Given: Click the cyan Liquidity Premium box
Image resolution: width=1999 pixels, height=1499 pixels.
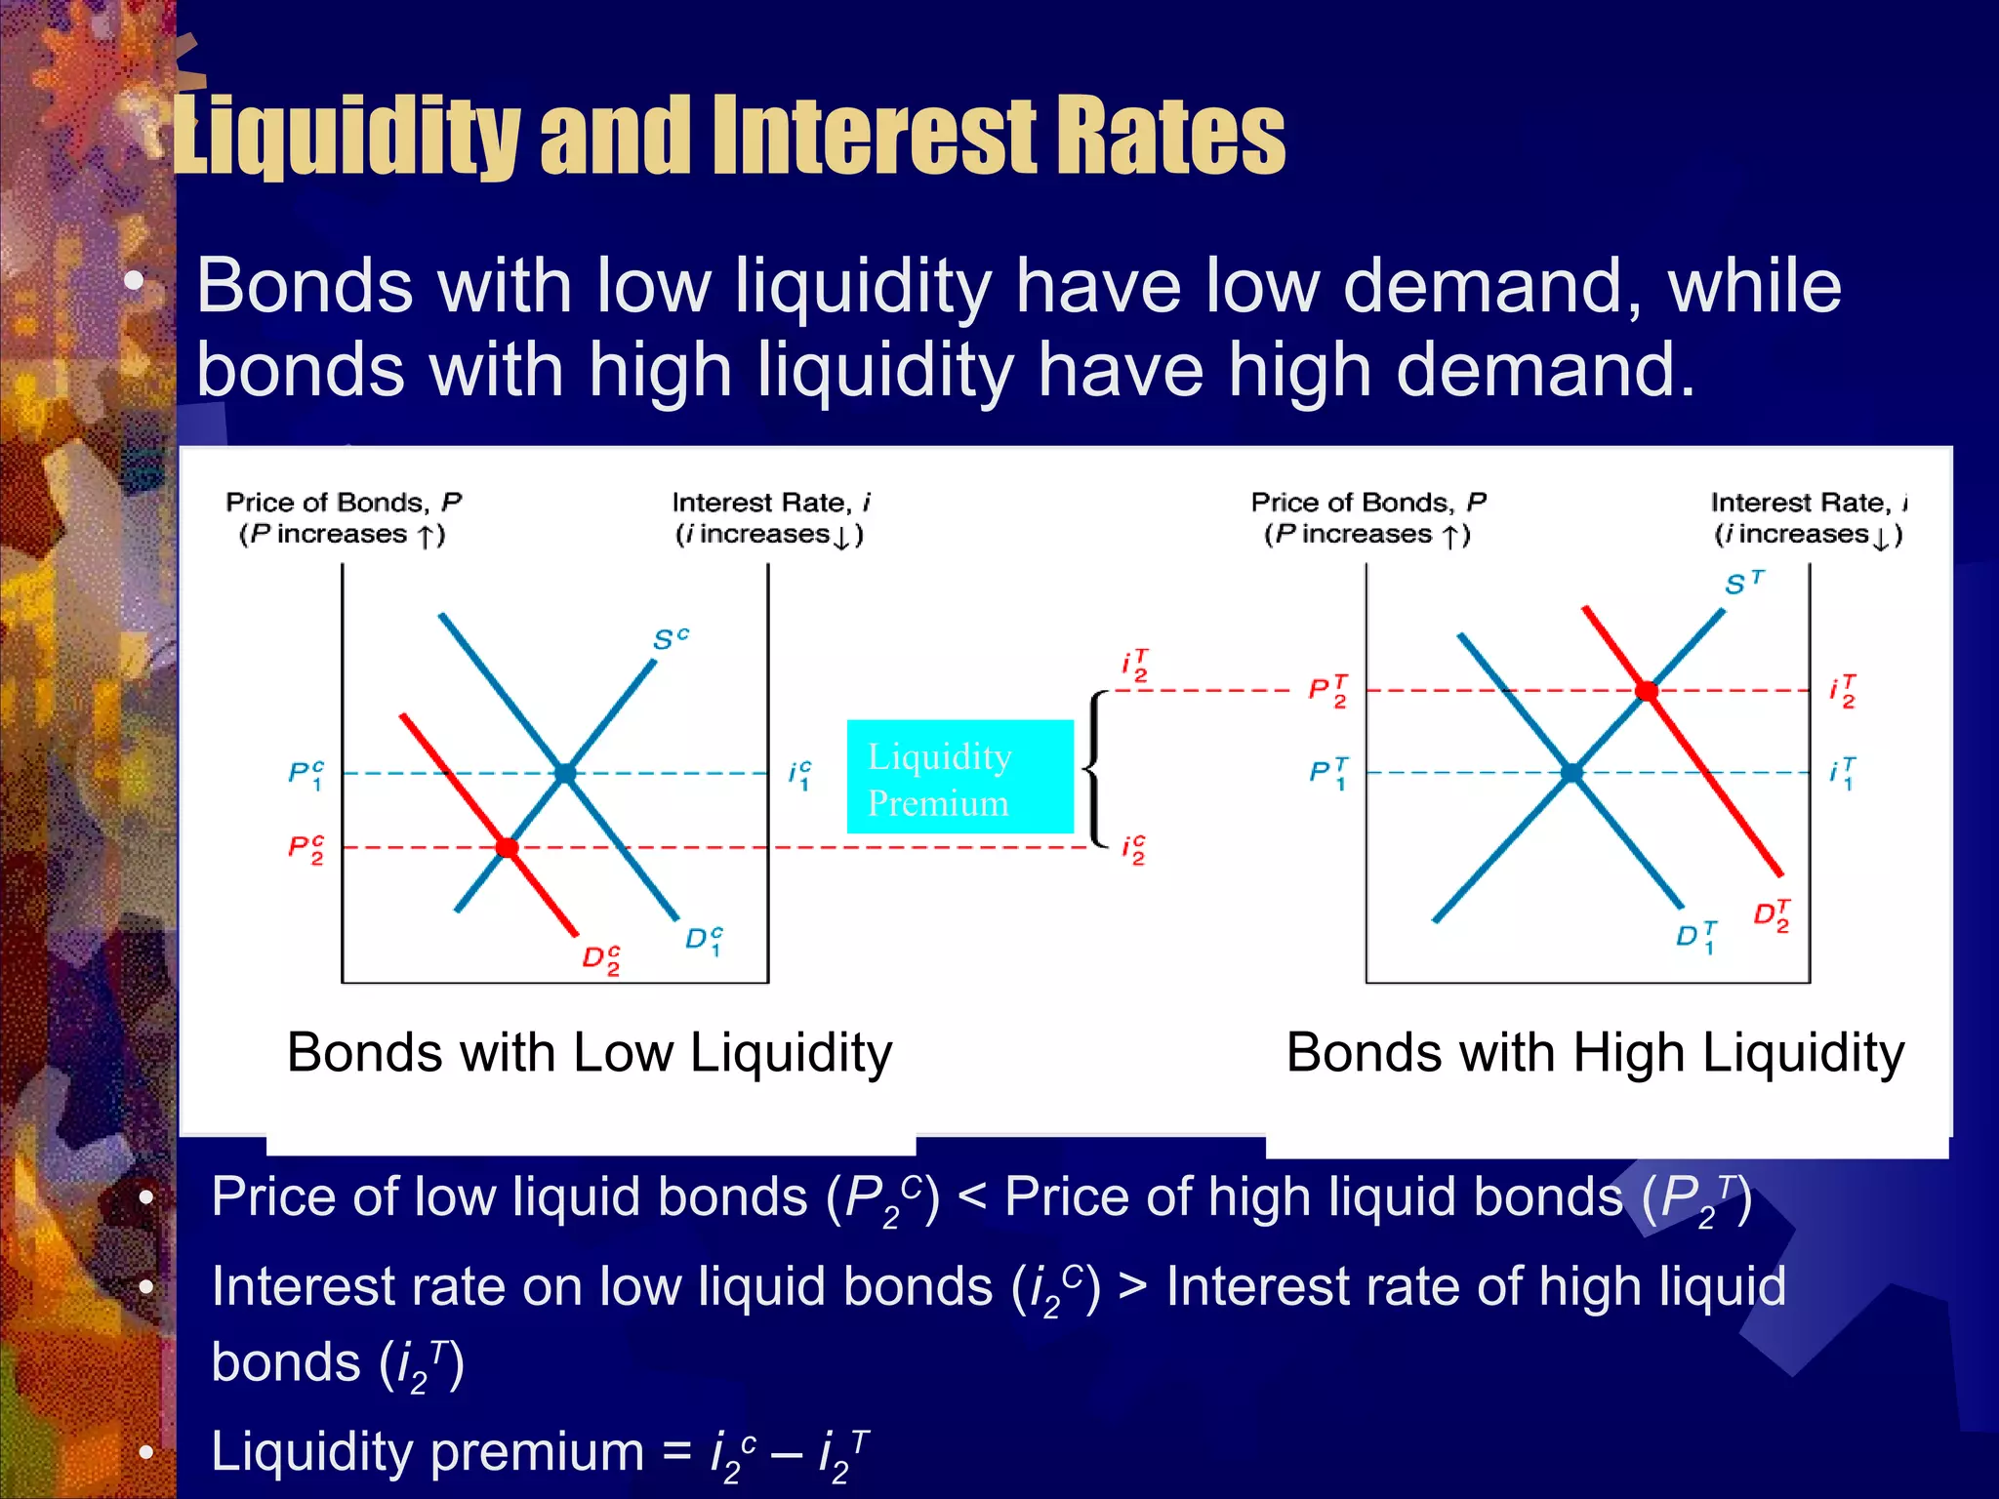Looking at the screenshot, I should pos(959,777).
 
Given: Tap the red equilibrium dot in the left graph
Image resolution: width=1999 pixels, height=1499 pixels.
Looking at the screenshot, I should pos(507,847).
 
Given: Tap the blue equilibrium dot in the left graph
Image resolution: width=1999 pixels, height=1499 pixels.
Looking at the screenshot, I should pos(565,773).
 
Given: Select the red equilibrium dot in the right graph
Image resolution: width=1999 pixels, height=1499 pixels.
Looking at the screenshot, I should pos(1647,691).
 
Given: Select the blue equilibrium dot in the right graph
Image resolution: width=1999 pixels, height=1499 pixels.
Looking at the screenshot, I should pos(1571,773).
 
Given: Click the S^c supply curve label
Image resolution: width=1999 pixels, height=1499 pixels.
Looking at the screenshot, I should pos(670,639).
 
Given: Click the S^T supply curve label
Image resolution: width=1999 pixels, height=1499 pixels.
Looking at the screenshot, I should pos(1743,583).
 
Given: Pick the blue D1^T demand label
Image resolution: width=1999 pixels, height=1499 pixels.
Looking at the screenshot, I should pos(1695,936).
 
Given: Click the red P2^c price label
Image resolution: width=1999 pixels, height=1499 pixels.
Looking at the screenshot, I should pos(306,848).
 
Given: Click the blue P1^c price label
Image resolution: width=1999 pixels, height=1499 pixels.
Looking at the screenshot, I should pos(306,775).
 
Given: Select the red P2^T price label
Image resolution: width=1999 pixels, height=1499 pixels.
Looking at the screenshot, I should pos(1328,691).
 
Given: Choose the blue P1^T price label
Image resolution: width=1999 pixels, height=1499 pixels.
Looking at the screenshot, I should pos(1328,774).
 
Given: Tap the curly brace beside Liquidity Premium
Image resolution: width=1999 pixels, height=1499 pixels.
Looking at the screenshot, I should pos(1098,769).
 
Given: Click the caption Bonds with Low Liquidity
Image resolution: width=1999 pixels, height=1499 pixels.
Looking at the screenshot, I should pos(590,1053).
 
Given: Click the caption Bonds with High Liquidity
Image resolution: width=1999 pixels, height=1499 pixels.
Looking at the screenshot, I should pos(1595,1053).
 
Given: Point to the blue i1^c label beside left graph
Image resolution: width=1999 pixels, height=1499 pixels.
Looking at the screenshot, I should pos(799,775).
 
